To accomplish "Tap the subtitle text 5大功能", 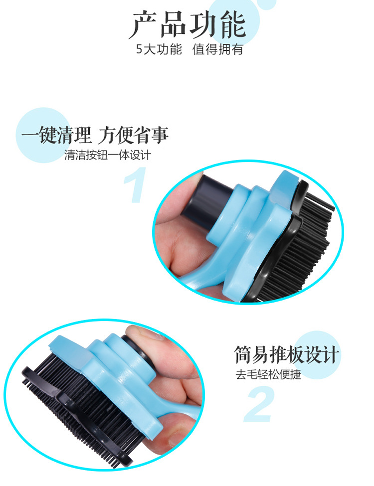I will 159,50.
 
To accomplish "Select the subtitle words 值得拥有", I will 218,50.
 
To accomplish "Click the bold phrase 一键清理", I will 56,135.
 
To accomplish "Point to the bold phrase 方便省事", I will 133,135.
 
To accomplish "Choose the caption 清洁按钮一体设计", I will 108,155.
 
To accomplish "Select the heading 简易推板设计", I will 287,355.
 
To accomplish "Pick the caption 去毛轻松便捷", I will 269,375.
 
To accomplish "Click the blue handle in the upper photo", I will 249,224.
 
